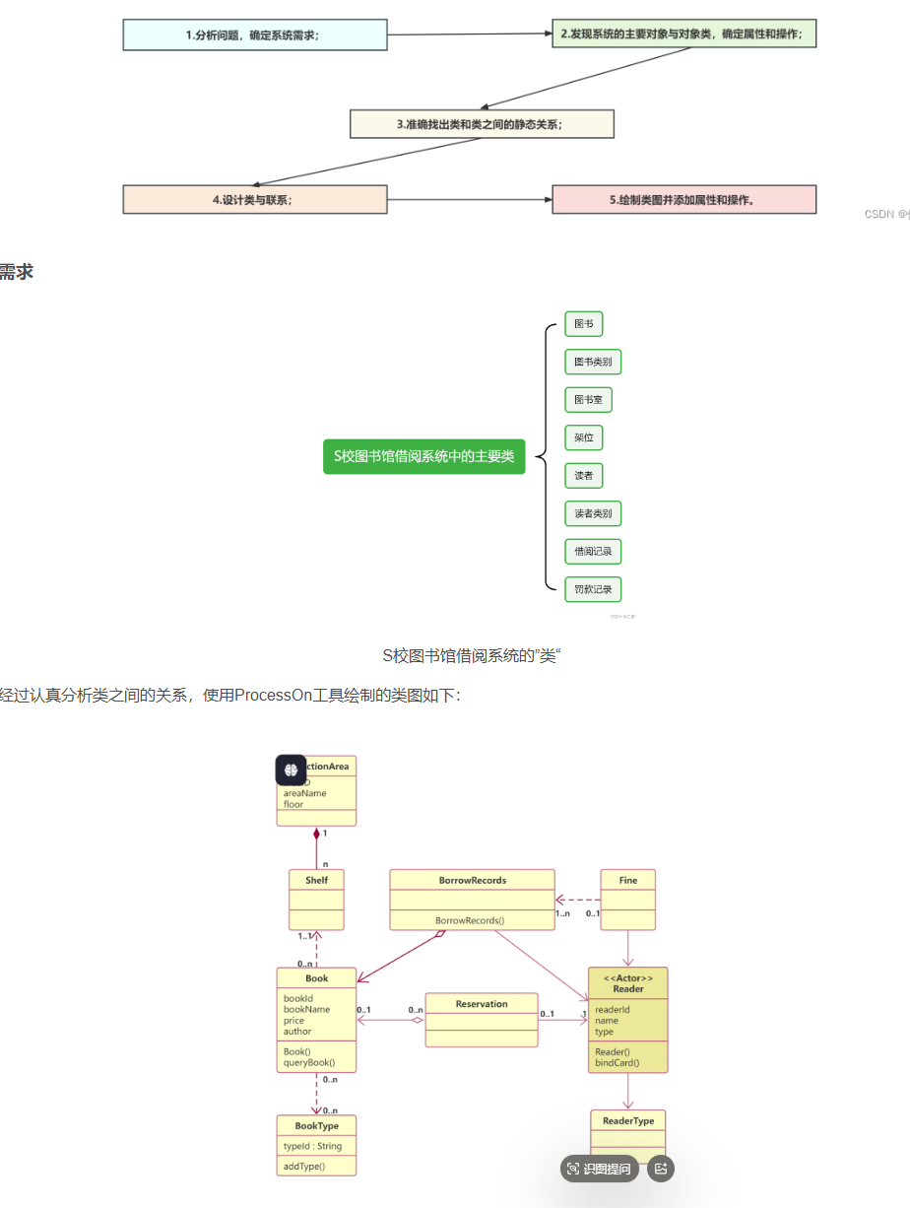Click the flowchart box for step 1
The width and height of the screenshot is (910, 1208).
[254, 34]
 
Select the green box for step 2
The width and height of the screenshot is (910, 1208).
[683, 34]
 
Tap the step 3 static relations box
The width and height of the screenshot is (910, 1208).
[482, 124]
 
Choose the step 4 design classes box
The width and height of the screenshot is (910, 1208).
[254, 199]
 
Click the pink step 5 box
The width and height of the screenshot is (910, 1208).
[683, 199]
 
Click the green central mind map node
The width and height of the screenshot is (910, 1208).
[423, 456]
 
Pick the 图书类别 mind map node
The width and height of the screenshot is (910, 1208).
[593, 362]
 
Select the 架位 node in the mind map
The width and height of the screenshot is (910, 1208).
[583, 437]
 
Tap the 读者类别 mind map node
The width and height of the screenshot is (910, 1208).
[593, 513]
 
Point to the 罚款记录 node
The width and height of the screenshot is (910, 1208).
[593, 589]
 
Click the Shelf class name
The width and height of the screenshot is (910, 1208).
[316, 880]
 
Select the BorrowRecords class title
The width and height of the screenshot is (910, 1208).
[473, 880]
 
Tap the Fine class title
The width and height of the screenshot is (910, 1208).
[628, 880]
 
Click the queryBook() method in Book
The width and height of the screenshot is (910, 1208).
[309, 1062]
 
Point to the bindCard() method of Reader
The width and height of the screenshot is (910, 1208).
[617, 1063]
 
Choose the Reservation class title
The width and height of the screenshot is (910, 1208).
[482, 1004]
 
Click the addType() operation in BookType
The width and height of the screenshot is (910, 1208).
[304, 1167]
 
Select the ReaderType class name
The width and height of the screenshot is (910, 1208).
[628, 1120]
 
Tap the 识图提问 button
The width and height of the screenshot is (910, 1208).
[600, 1169]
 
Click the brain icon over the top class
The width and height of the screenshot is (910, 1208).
[291, 770]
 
